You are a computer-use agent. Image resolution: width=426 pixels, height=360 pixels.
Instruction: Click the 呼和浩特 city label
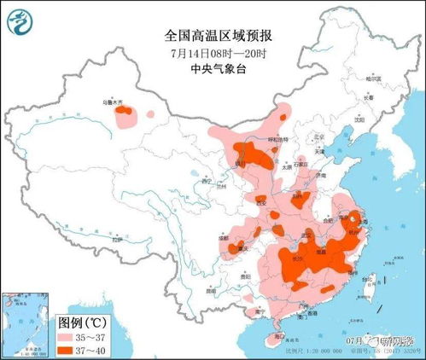pyautogui.click(x=279, y=137)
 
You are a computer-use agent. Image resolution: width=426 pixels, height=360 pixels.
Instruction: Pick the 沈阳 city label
pyautogui.click(x=358, y=120)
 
